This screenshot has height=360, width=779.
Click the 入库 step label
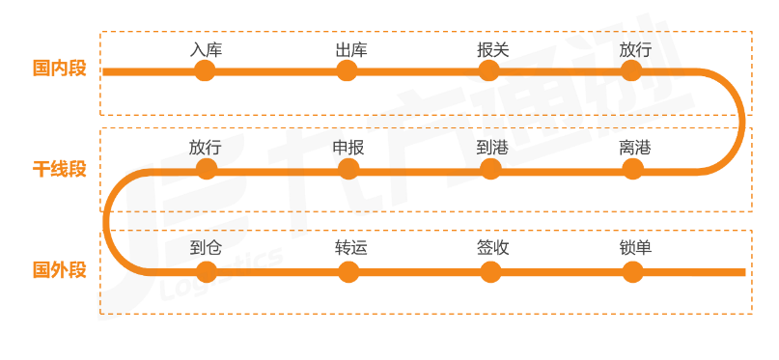click(x=206, y=49)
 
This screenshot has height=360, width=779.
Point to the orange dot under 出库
click(x=349, y=70)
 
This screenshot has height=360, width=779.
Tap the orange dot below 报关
click(x=489, y=70)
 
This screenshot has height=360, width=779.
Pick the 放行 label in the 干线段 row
click(x=205, y=148)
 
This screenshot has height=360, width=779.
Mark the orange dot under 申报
click(x=348, y=169)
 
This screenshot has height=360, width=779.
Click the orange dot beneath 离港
click(x=632, y=169)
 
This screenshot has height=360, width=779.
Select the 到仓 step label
click(x=206, y=247)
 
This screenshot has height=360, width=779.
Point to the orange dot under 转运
click(x=349, y=271)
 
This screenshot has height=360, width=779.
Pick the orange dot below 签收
click(x=491, y=271)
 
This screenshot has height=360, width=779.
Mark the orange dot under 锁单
click(x=632, y=271)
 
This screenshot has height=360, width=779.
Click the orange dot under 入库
click(x=205, y=70)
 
